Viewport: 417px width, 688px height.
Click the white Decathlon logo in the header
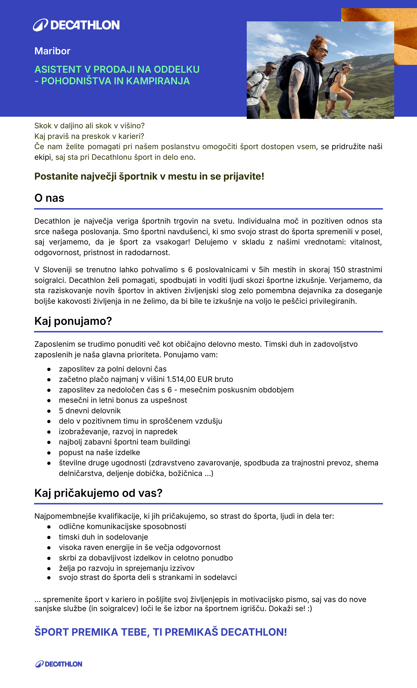(x=76, y=25)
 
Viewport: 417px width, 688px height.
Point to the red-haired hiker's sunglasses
(x=322, y=51)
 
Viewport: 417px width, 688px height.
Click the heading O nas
(x=49, y=198)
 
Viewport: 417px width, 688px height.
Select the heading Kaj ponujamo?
(x=73, y=321)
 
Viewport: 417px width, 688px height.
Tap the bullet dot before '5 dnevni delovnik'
(x=49, y=411)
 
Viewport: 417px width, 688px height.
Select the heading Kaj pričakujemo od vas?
(x=98, y=493)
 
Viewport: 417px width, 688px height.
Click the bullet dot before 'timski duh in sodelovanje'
(x=49, y=537)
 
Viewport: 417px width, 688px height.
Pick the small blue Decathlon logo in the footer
(x=59, y=664)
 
